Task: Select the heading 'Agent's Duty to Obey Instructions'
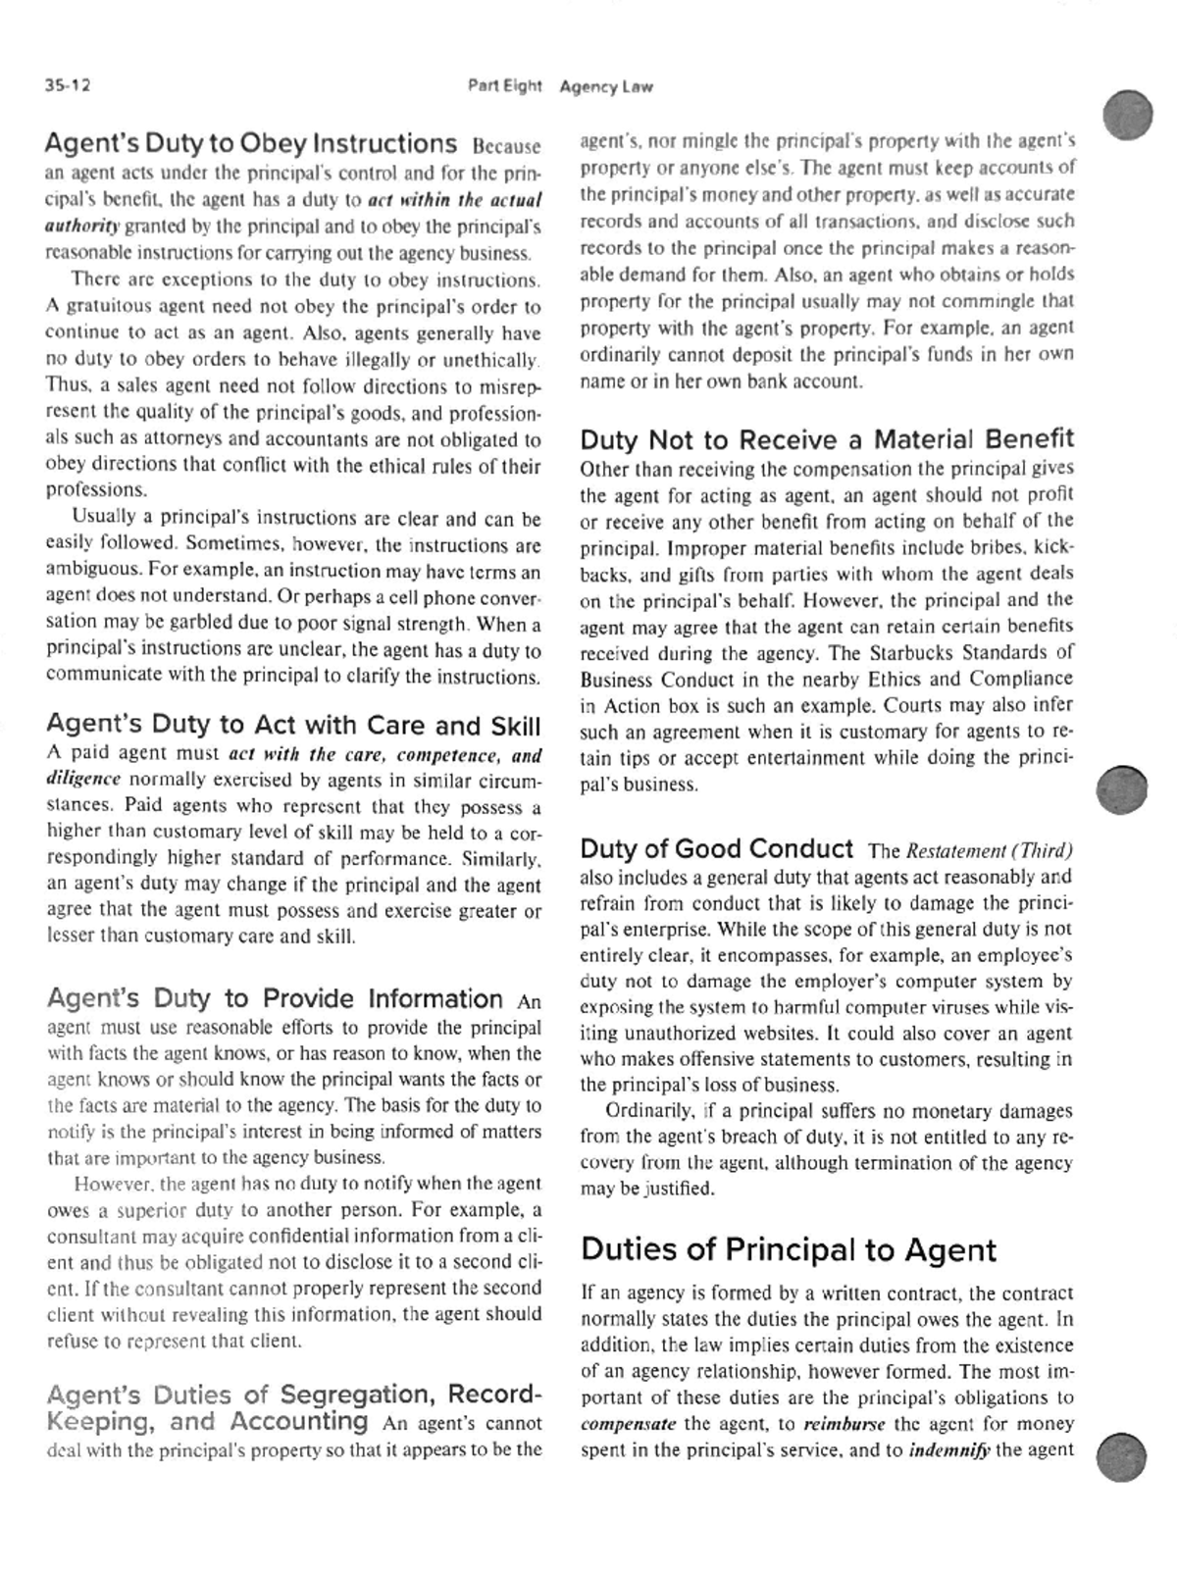(250, 144)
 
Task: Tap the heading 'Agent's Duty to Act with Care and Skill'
(293, 725)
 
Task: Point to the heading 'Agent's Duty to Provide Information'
(275, 998)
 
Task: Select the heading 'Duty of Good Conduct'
(717, 848)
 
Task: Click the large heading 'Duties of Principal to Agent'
(789, 1249)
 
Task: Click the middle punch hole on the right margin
(1122, 789)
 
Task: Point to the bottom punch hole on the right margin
(1122, 1455)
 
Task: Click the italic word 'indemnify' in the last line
(948, 1450)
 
